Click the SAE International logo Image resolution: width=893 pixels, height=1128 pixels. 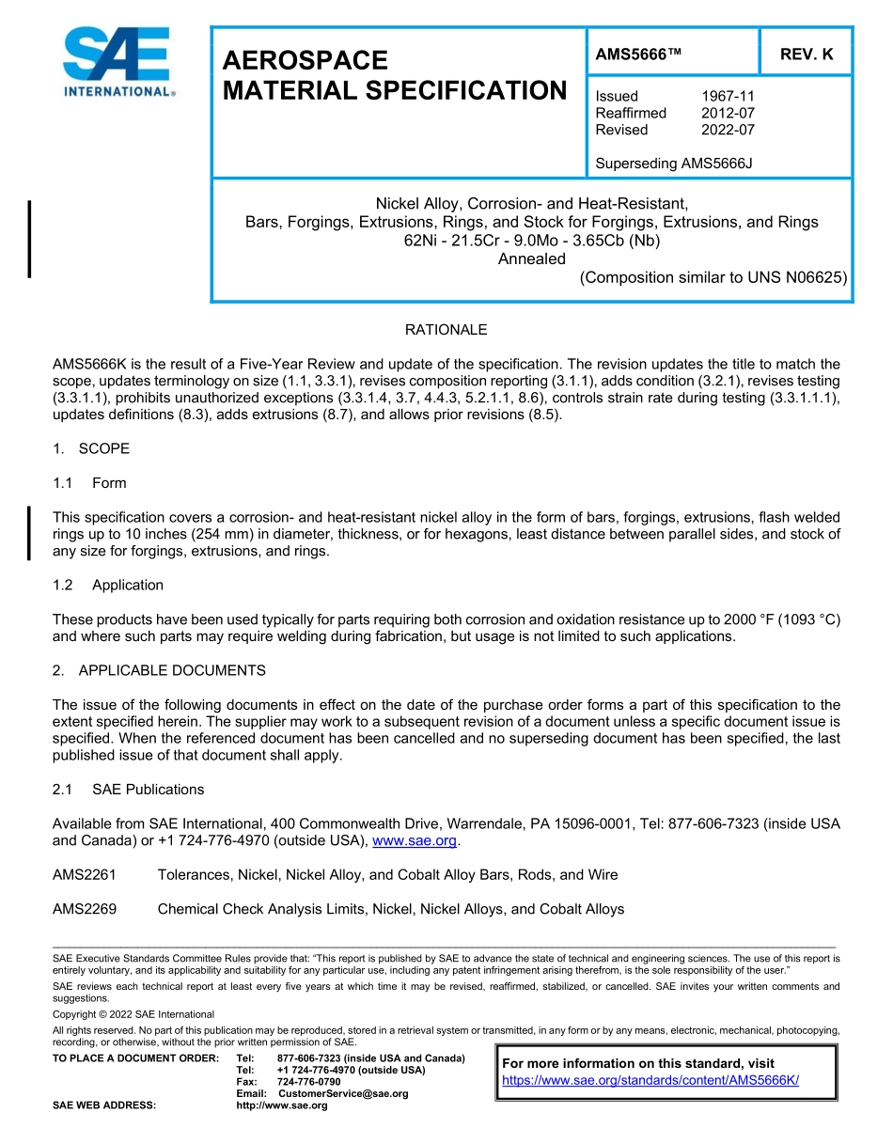117,63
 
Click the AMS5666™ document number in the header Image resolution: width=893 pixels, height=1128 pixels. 637,55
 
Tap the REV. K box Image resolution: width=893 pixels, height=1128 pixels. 806,55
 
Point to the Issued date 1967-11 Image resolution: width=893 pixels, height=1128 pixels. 728,96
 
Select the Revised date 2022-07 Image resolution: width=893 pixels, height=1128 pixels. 728,130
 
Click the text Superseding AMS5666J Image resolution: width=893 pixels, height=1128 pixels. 674,164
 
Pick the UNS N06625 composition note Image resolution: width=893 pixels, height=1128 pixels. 713,277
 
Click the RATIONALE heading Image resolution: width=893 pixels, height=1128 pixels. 446,330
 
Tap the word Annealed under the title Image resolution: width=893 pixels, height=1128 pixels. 531,258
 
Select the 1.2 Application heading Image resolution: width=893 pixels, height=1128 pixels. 108,585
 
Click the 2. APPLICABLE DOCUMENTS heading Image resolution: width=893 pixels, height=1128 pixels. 159,670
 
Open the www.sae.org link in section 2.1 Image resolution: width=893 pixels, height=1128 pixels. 414,841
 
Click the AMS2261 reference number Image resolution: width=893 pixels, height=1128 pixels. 85,875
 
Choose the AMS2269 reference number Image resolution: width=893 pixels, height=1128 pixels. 85,909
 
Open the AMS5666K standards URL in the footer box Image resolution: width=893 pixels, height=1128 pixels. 650,1080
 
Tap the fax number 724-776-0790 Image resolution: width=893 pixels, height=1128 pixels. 309,1082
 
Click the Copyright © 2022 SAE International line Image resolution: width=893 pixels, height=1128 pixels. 133,1014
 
